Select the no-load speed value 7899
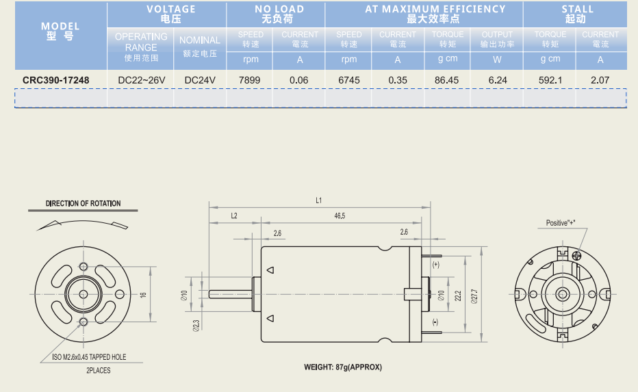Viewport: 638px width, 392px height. click(x=249, y=80)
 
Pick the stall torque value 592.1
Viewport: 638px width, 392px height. click(x=550, y=80)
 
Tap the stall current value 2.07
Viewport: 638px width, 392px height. click(x=600, y=80)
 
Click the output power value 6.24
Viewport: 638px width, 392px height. click(x=498, y=80)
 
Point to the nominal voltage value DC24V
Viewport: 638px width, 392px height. click(x=200, y=80)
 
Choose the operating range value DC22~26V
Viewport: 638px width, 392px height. click(x=142, y=80)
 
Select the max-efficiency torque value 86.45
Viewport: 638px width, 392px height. click(x=446, y=80)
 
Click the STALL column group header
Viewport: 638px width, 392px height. click(x=577, y=14)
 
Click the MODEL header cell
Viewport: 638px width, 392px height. click(x=60, y=31)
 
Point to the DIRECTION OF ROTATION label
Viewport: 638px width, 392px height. click(x=83, y=203)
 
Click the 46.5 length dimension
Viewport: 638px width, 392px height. click(x=340, y=215)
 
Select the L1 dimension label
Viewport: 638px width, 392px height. click(x=319, y=200)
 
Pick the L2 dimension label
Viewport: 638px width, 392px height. click(x=233, y=215)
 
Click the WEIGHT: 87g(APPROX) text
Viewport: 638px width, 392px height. click(x=343, y=367)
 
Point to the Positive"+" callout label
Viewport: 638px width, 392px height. click(x=561, y=223)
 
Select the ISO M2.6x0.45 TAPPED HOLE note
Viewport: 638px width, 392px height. click(x=89, y=357)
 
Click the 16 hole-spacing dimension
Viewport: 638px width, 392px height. click(x=143, y=295)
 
